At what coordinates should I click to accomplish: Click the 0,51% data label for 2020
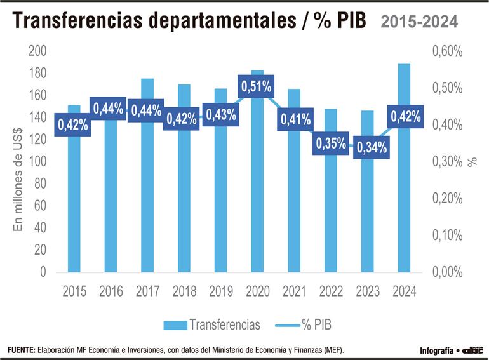(x=256, y=87)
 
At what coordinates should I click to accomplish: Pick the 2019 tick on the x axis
(x=220, y=291)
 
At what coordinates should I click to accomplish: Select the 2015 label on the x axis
(x=74, y=291)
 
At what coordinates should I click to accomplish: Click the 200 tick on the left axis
(x=37, y=51)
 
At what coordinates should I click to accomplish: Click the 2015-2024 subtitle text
(x=419, y=22)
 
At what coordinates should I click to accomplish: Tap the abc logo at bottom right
(x=472, y=350)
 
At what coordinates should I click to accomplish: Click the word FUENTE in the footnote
(x=20, y=350)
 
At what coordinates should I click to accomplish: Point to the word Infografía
(x=436, y=350)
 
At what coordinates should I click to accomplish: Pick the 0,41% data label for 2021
(x=294, y=119)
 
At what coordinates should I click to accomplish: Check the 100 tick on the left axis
(x=37, y=162)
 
